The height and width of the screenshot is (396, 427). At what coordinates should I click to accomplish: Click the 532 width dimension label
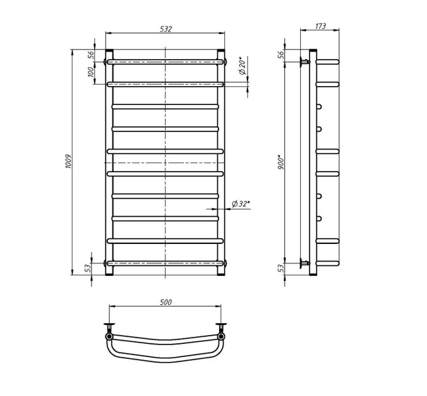click(166, 29)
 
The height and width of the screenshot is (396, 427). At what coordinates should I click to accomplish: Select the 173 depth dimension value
click(320, 26)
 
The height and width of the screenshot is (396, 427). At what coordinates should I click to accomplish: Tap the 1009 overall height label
click(68, 162)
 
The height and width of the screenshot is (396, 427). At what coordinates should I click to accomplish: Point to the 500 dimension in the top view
click(166, 302)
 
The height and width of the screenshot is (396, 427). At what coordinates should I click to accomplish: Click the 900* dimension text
click(281, 162)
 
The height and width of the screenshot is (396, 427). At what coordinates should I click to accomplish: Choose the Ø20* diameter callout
click(242, 65)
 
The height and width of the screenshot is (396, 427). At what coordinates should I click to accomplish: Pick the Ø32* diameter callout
click(241, 204)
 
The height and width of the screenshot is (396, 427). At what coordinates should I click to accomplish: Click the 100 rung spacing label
click(91, 72)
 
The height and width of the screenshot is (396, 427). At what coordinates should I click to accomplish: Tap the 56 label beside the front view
click(91, 55)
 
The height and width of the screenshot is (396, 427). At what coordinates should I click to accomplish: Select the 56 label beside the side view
click(281, 55)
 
